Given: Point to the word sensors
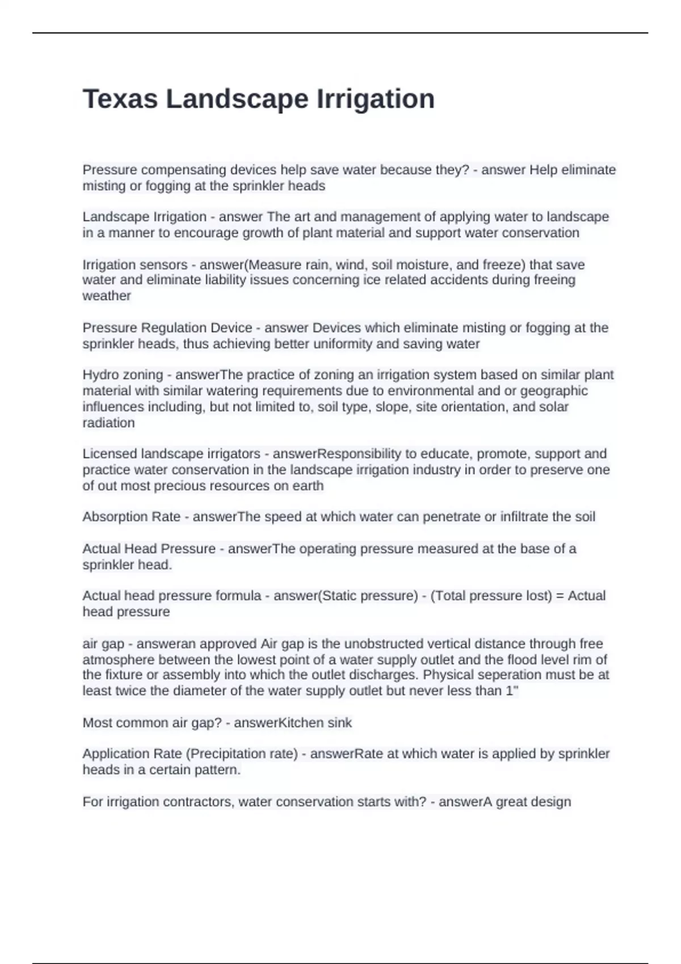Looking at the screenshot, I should coord(165,265).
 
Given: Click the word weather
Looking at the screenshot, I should coord(107,296).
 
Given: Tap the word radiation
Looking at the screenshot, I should coord(108,422).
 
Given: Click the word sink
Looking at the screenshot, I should coord(339,722).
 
